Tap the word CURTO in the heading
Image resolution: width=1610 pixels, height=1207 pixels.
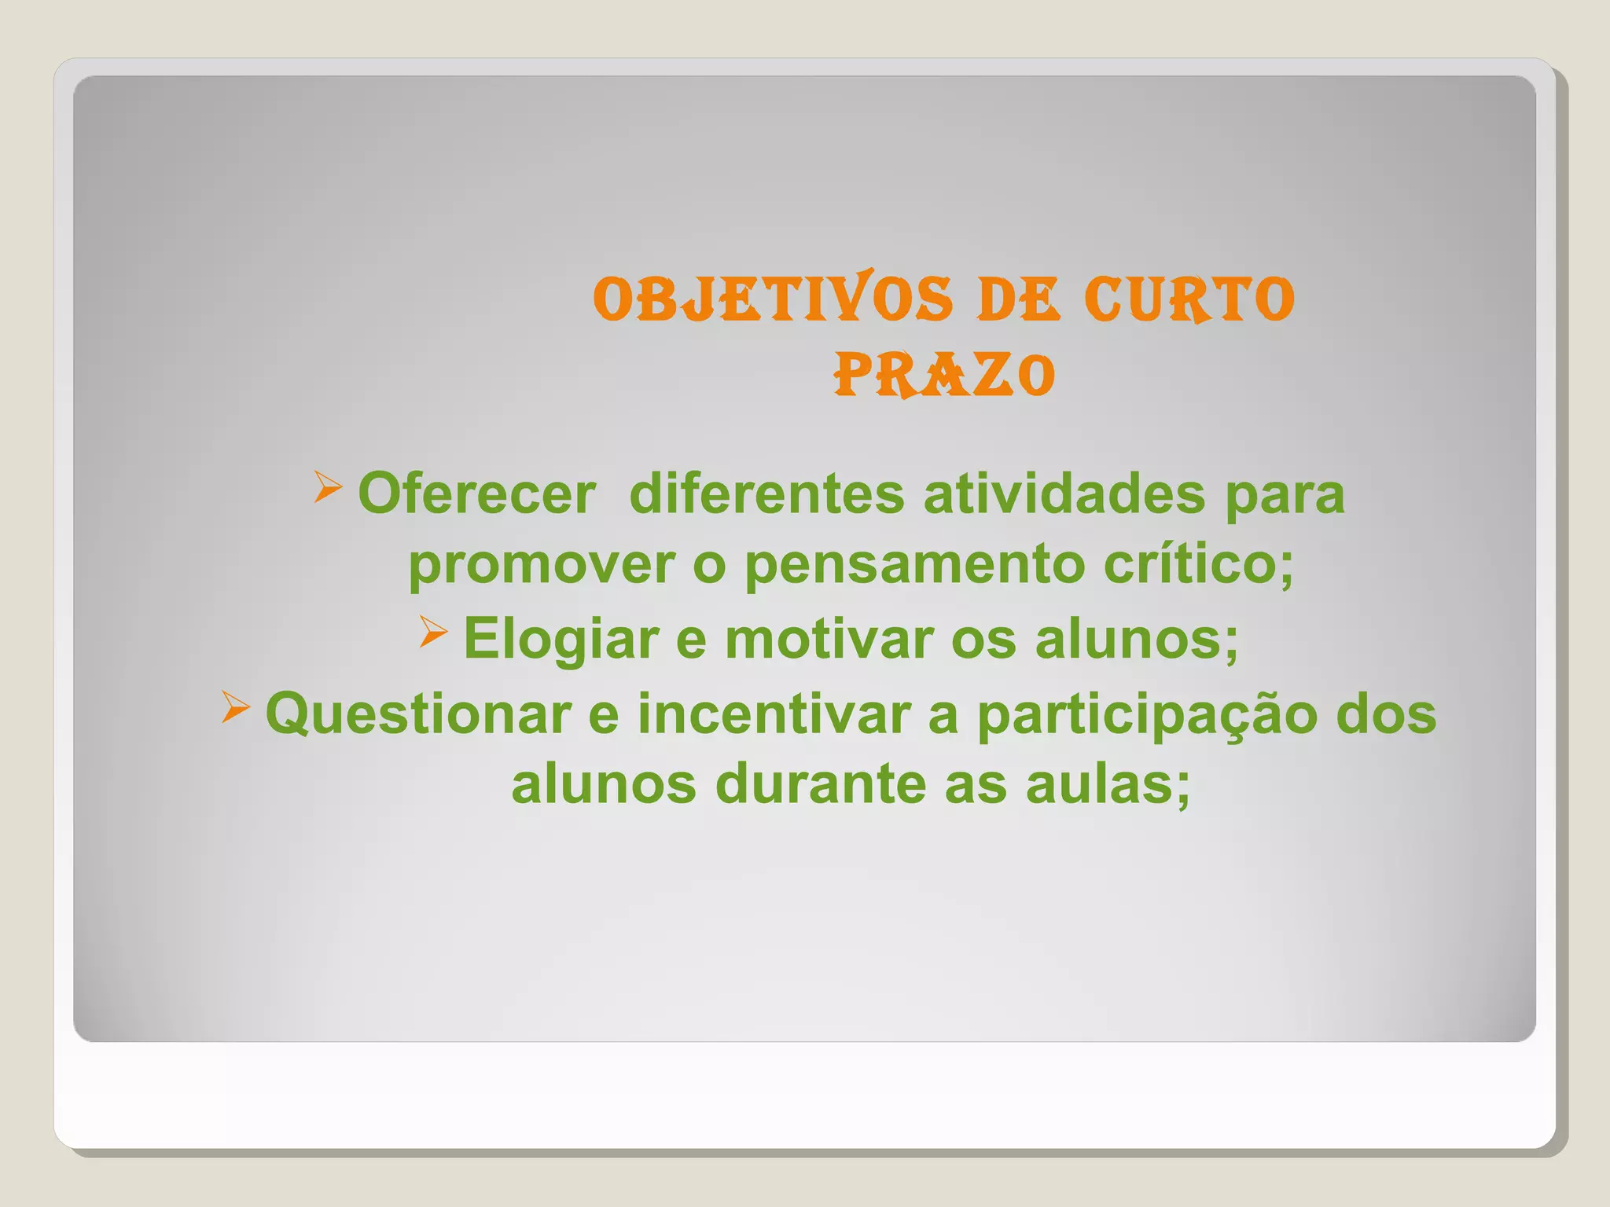pyautogui.click(x=1189, y=300)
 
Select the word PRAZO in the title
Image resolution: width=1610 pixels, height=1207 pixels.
pyautogui.click(x=944, y=376)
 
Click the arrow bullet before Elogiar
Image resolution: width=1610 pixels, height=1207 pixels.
pyautogui.click(x=433, y=632)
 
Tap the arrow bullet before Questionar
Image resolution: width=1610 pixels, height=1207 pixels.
pyautogui.click(x=235, y=706)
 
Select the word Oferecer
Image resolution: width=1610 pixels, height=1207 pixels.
pyautogui.click(x=476, y=494)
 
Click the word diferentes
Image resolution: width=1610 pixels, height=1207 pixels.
pyautogui.click(x=766, y=494)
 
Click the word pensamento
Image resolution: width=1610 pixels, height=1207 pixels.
pyautogui.click(x=914, y=566)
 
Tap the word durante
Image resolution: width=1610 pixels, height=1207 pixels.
pyautogui.click(x=821, y=784)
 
